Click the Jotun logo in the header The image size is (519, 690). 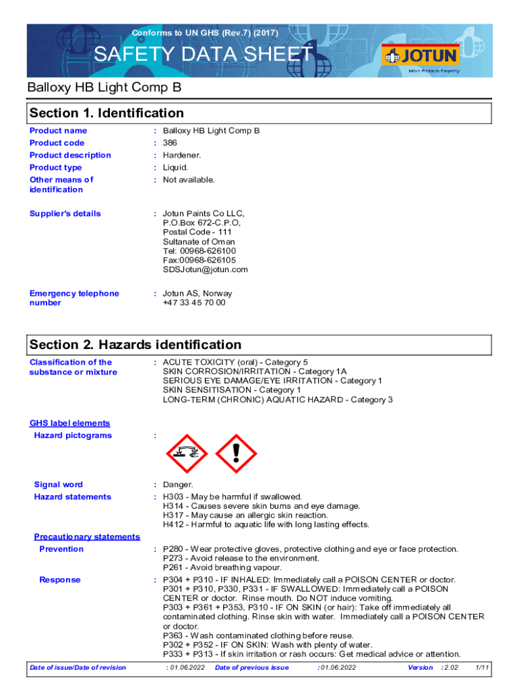[421, 55]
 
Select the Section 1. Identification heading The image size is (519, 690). [106, 113]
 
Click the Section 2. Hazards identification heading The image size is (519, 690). [135, 345]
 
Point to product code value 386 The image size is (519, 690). [169, 143]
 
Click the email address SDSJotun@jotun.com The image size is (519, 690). [205, 270]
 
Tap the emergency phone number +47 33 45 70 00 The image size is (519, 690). [194, 303]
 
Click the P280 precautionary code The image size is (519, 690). [174, 549]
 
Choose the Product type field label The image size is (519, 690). [56, 168]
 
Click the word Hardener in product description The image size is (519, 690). [181, 155]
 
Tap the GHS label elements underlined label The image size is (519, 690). [69, 423]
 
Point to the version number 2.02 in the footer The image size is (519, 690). [450, 668]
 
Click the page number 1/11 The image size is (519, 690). [481, 668]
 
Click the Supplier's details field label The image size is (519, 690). [65, 214]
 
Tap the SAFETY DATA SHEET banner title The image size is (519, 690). [203, 55]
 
